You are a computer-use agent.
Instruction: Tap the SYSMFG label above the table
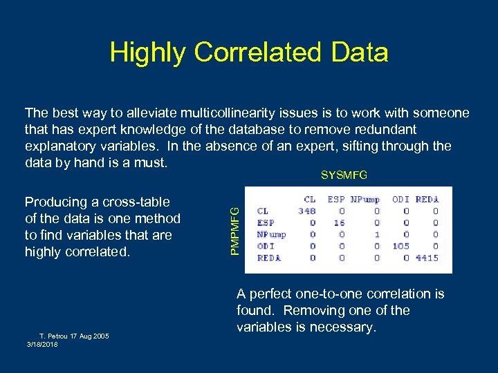click(344, 175)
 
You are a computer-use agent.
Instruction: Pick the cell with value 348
click(307, 211)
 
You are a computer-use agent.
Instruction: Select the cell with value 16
click(339, 222)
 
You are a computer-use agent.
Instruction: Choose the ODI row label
click(266, 246)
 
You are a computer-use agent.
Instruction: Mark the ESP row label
click(266, 222)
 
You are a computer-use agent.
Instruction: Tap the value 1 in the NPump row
click(376, 234)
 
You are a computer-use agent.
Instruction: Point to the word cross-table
click(135, 202)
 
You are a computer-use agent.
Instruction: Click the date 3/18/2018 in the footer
click(42, 344)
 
